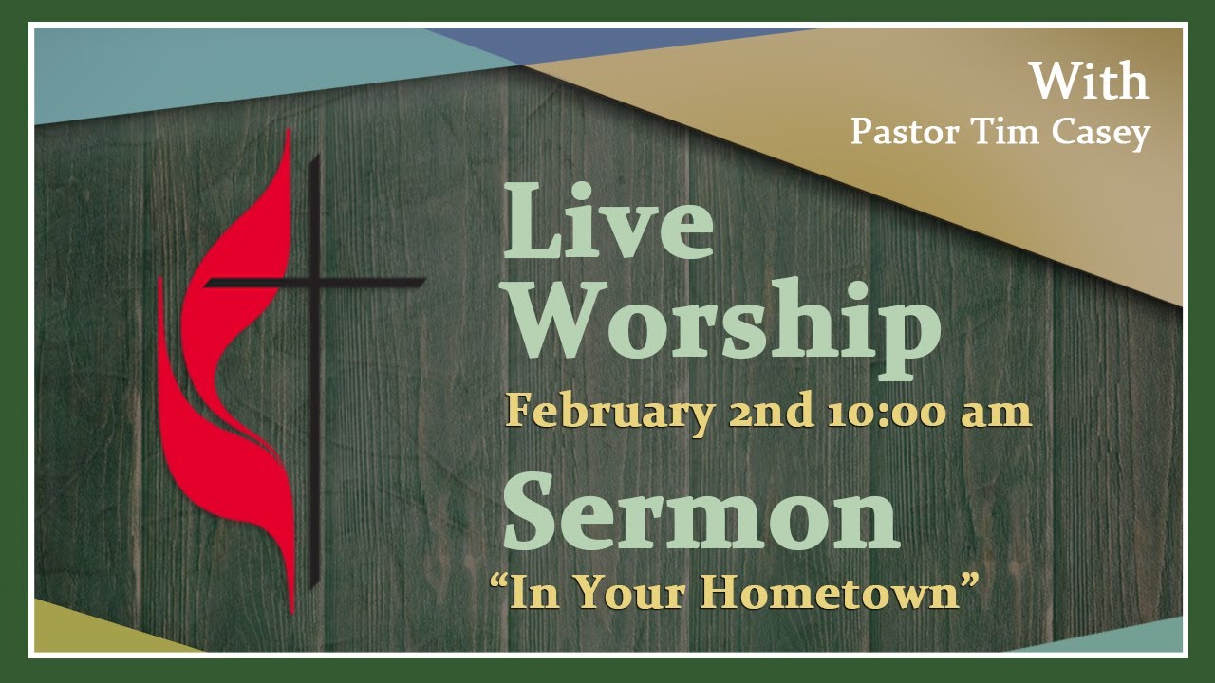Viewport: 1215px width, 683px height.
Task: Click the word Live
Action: (607, 223)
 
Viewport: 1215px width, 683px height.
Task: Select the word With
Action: (1089, 82)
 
